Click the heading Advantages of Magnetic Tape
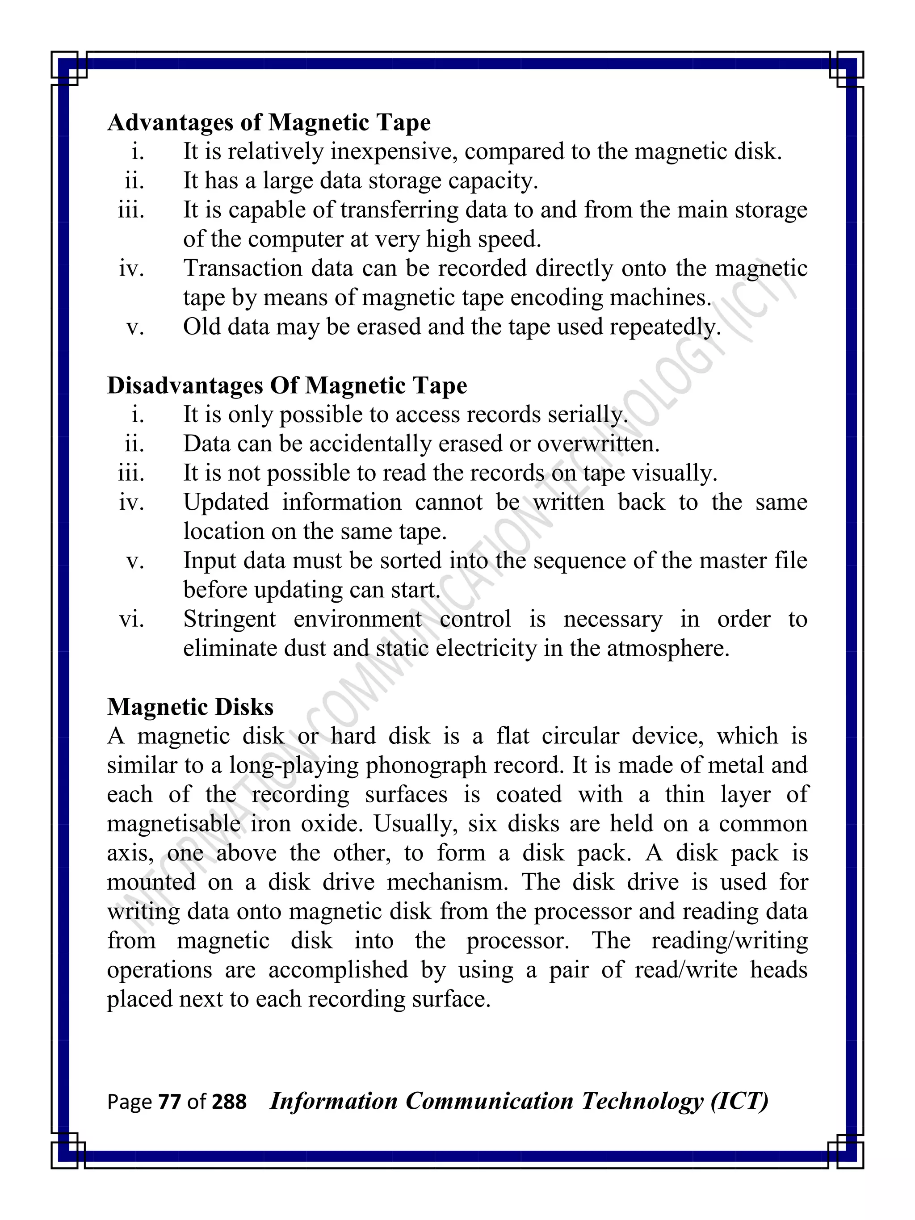coord(269,122)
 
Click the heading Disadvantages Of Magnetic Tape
coord(287,386)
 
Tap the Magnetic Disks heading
coord(190,707)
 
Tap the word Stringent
coord(230,619)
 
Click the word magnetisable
coord(174,824)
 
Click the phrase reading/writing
coord(729,941)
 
